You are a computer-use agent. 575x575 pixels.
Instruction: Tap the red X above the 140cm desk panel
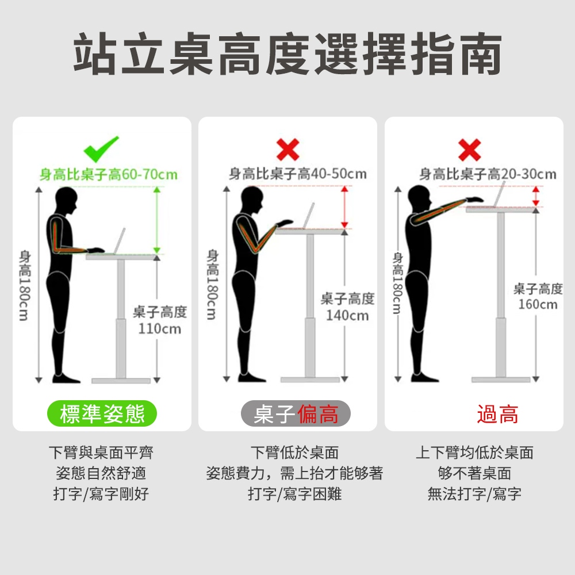[288, 149]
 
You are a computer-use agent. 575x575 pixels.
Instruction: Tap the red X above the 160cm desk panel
[469, 149]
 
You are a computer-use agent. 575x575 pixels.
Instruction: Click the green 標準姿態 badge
[102, 413]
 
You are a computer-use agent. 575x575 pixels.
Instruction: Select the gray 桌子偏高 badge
[296, 413]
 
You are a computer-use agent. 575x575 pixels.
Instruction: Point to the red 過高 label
[497, 415]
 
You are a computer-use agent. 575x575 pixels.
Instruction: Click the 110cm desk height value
[160, 328]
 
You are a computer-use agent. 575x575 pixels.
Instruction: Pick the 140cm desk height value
[347, 315]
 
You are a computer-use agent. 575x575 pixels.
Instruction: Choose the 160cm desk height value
[538, 304]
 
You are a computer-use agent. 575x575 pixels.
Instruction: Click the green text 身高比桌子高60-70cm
[109, 174]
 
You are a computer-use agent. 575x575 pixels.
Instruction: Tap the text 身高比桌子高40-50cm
[297, 174]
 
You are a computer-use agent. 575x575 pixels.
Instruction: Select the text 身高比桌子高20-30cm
[488, 174]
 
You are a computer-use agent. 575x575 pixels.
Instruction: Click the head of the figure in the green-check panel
[67, 200]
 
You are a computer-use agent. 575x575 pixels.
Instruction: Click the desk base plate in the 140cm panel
[310, 380]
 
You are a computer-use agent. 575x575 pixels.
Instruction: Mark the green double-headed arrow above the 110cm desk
[157, 220]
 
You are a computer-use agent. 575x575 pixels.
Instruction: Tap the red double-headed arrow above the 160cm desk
[536, 196]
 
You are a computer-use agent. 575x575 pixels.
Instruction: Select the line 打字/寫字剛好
[101, 494]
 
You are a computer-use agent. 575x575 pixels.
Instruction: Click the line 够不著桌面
[474, 473]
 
